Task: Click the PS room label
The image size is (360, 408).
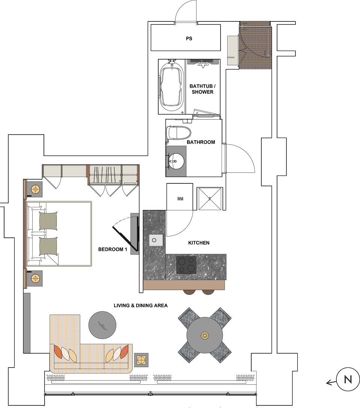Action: coord(189,39)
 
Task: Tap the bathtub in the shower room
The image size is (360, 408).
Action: coord(171,87)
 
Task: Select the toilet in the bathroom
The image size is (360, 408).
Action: coord(178,133)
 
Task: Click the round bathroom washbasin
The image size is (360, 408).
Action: coord(177,161)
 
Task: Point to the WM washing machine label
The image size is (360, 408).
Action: coord(180,199)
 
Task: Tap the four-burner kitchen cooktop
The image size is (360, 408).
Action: coord(186,265)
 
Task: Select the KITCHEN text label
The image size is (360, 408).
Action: coord(199,243)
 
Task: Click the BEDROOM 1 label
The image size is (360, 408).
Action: coord(112,249)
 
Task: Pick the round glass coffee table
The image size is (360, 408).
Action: coord(102,325)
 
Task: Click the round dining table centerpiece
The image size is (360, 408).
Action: coord(205,335)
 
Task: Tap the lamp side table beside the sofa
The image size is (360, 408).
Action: coord(141,360)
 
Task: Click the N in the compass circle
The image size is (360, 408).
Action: coord(348,379)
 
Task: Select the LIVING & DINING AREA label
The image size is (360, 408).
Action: coord(141,306)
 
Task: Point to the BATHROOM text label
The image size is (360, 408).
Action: coord(201,142)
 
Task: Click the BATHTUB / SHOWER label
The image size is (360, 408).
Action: coord(202,89)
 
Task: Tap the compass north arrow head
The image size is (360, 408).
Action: coord(328,383)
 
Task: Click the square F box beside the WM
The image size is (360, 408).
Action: coord(210,199)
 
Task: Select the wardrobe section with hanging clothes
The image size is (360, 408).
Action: coord(105,174)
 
